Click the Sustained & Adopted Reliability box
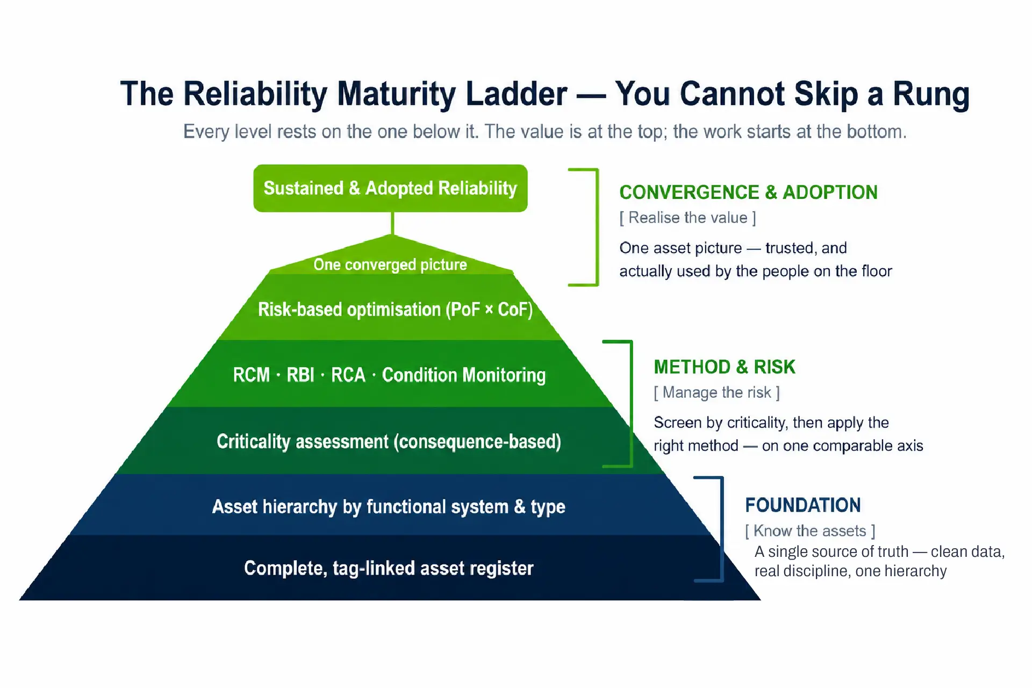coord(390,188)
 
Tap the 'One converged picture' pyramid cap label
coord(390,264)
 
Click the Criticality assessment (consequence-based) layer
coord(389,441)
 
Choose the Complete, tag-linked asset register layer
coord(389,568)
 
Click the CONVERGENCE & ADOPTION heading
coord(748,192)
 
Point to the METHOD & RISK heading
coord(724,367)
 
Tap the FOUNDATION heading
coord(802,505)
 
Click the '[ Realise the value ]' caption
coord(687,218)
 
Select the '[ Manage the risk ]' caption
coord(716,392)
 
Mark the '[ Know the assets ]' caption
coord(810,531)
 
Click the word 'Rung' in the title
coord(931,94)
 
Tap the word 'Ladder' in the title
coord(517,94)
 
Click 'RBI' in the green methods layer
coord(300,375)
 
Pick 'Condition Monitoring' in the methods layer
coord(464,375)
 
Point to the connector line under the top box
coord(392,223)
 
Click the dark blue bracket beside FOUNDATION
coord(721,529)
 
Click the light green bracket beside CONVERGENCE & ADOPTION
coord(597,227)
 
